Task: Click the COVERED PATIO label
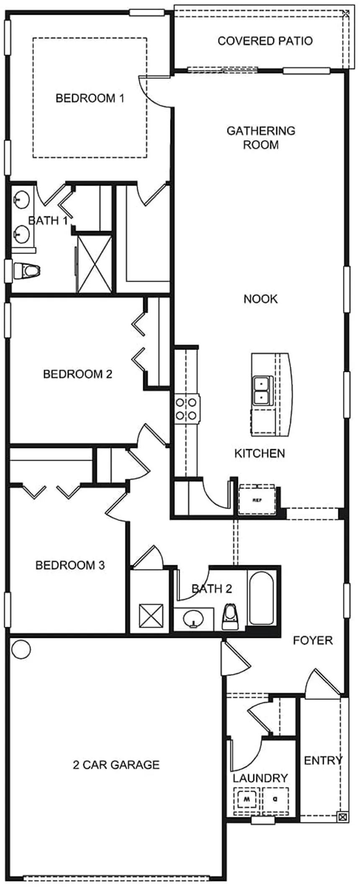pos(265,41)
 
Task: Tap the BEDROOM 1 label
pos(90,98)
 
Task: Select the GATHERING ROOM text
pos(261,138)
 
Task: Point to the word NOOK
pos(260,299)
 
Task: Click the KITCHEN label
pos(260,453)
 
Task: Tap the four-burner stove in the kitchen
pos(186,409)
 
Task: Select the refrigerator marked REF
pos(257,500)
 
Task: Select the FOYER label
pos(313,640)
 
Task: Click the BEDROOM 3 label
pos(70,566)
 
